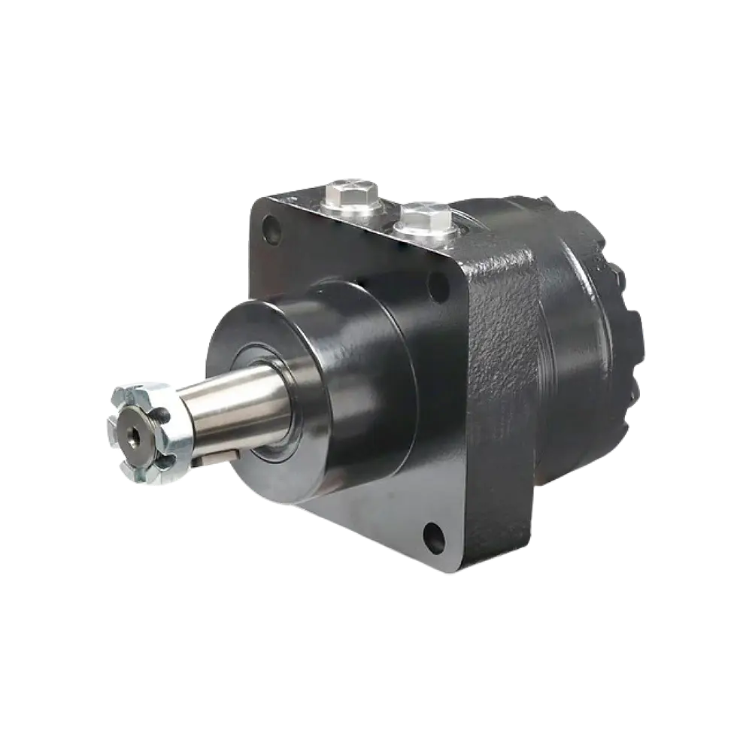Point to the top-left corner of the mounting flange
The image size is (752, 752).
(256, 197)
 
